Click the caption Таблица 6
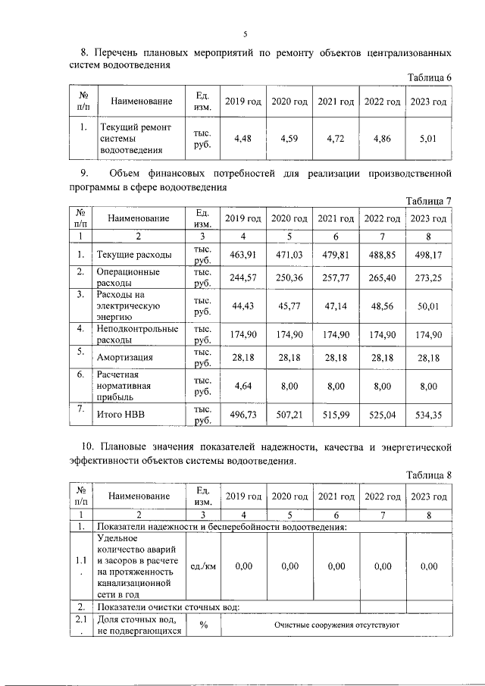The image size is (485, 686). pyautogui.click(x=429, y=78)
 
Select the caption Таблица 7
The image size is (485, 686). pyautogui.click(x=429, y=200)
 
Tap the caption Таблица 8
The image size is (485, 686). pyautogui.click(x=429, y=475)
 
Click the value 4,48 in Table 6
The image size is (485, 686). pyautogui.click(x=242, y=139)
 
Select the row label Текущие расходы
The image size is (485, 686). pyautogui.click(x=134, y=254)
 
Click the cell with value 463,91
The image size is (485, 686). pyautogui.click(x=242, y=254)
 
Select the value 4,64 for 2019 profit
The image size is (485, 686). pyautogui.click(x=242, y=386)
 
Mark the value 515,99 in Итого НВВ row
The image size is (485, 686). pyautogui.click(x=336, y=415)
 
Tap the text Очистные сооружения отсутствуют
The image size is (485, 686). pyautogui.click(x=336, y=626)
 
